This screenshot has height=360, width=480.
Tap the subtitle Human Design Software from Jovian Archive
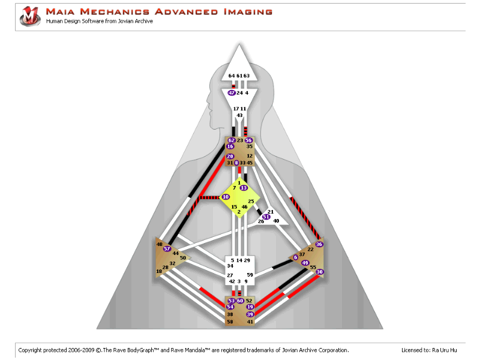tap(100, 22)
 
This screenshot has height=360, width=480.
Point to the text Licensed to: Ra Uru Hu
tap(429, 350)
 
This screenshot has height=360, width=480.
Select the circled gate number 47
tap(232, 93)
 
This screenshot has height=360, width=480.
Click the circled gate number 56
tap(248, 140)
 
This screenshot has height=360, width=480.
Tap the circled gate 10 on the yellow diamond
tap(226, 196)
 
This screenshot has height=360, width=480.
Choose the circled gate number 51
tap(266, 217)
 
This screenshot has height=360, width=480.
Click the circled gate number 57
tap(167, 249)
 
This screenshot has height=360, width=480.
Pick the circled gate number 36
tap(319, 244)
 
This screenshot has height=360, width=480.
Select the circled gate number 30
tap(320, 272)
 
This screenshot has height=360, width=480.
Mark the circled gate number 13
tap(244, 188)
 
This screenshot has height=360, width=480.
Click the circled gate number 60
tap(240, 301)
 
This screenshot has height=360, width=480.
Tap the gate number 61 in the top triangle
tap(239, 76)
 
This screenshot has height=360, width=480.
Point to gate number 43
tap(239, 115)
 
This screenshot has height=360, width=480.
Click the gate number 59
tap(250, 274)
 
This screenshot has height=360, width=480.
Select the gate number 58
tap(230, 322)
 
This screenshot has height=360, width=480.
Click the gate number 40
tap(276, 221)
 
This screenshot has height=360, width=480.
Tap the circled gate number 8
tap(236, 163)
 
